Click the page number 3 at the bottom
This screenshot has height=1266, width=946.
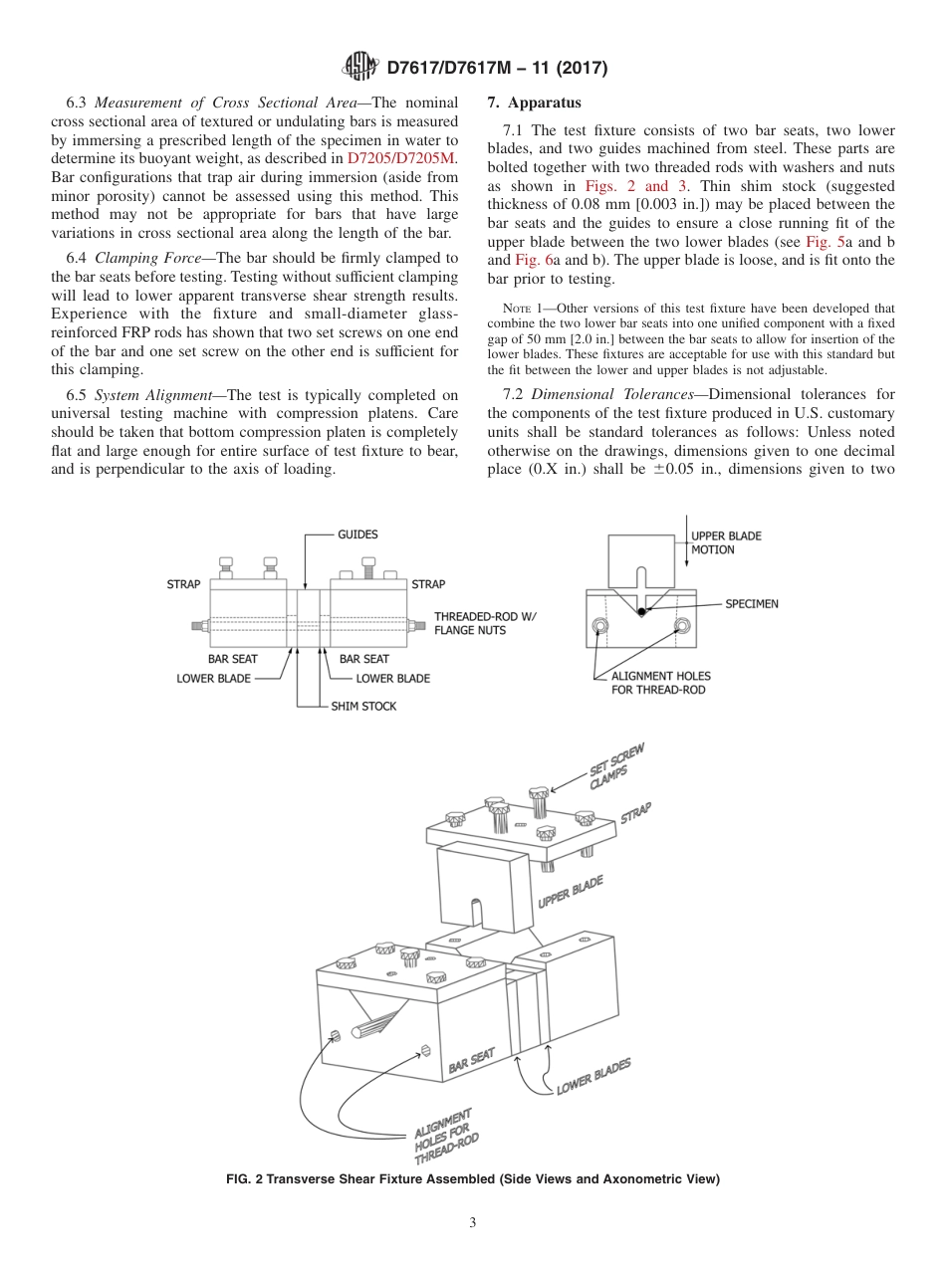pyautogui.click(x=473, y=1222)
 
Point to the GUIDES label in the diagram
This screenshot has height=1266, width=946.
pyautogui.click(x=357, y=534)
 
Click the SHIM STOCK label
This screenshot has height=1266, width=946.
pyautogui.click(x=363, y=706)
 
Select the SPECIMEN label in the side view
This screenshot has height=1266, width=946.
pyautogui.click(x=752, y=603)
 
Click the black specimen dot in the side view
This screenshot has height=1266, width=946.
pyautogui.click(x=642, y=611)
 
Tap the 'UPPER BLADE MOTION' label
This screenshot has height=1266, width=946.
pyautogui.click(x=726, y=542)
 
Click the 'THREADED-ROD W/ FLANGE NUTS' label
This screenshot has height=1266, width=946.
pyautogui.click(x=484, y=623)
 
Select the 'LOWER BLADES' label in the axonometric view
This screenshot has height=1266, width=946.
pyautogui.click(x=592, y=1078)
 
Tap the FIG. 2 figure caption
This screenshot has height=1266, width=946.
pyautogui.click(x=473, y=1179)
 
